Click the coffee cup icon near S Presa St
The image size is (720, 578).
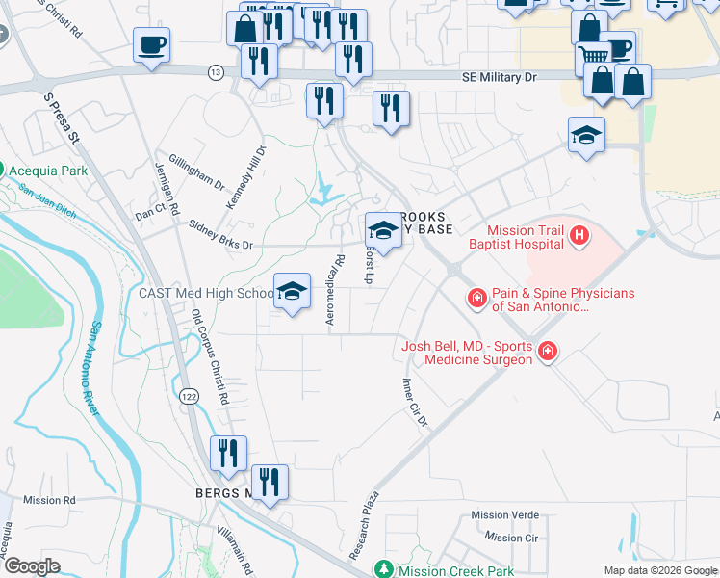pyautogui.click(x=150, y=45)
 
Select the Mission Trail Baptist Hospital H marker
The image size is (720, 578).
pyautogui.click(x=579, y=234)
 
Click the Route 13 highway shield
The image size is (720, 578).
pyautogui.click(x=215, y=72)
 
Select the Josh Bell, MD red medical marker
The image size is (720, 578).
pyautogui.click(x=547, y=353)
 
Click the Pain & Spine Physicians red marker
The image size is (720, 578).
pyautogui.click(x=476, y=300)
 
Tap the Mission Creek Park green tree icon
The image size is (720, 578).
pyautogui.click(x=384, y=570)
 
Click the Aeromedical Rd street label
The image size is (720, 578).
pyautogui.click(x=336, y=290)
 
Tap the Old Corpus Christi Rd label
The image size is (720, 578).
pyautogui.click(x=211, y=355)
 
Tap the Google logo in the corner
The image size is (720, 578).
pyautogui.click(x=32, y=566)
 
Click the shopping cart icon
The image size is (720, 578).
pyautogui.click(x=594, y=57)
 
